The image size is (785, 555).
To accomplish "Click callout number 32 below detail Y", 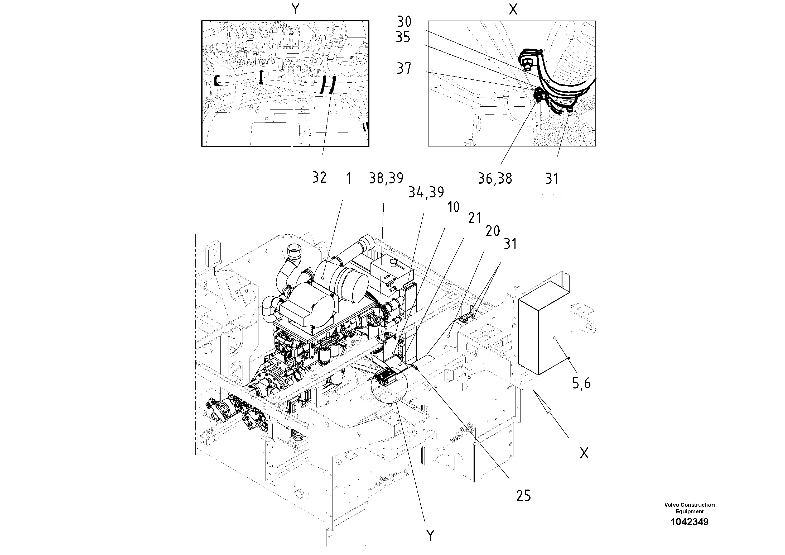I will click(319, 178).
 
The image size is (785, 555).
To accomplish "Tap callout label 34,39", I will click(426, 193).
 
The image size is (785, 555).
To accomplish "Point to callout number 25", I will click(523, 495).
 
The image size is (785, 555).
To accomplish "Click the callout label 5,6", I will click(581, 383).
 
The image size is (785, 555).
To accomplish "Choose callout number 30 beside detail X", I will click(404, 22).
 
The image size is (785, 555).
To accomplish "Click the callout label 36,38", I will click(494, 179).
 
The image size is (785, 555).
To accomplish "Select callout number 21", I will click(475, 218).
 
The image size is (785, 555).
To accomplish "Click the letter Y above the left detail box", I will click(295, 9).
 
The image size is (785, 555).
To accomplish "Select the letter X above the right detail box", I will click(513, 10).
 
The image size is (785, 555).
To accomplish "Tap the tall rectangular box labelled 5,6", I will click(544, 329).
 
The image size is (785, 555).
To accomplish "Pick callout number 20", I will click(492, 231).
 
